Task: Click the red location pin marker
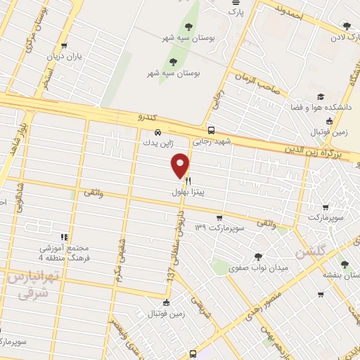180,165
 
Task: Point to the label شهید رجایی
212,141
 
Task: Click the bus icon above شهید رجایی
212,130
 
